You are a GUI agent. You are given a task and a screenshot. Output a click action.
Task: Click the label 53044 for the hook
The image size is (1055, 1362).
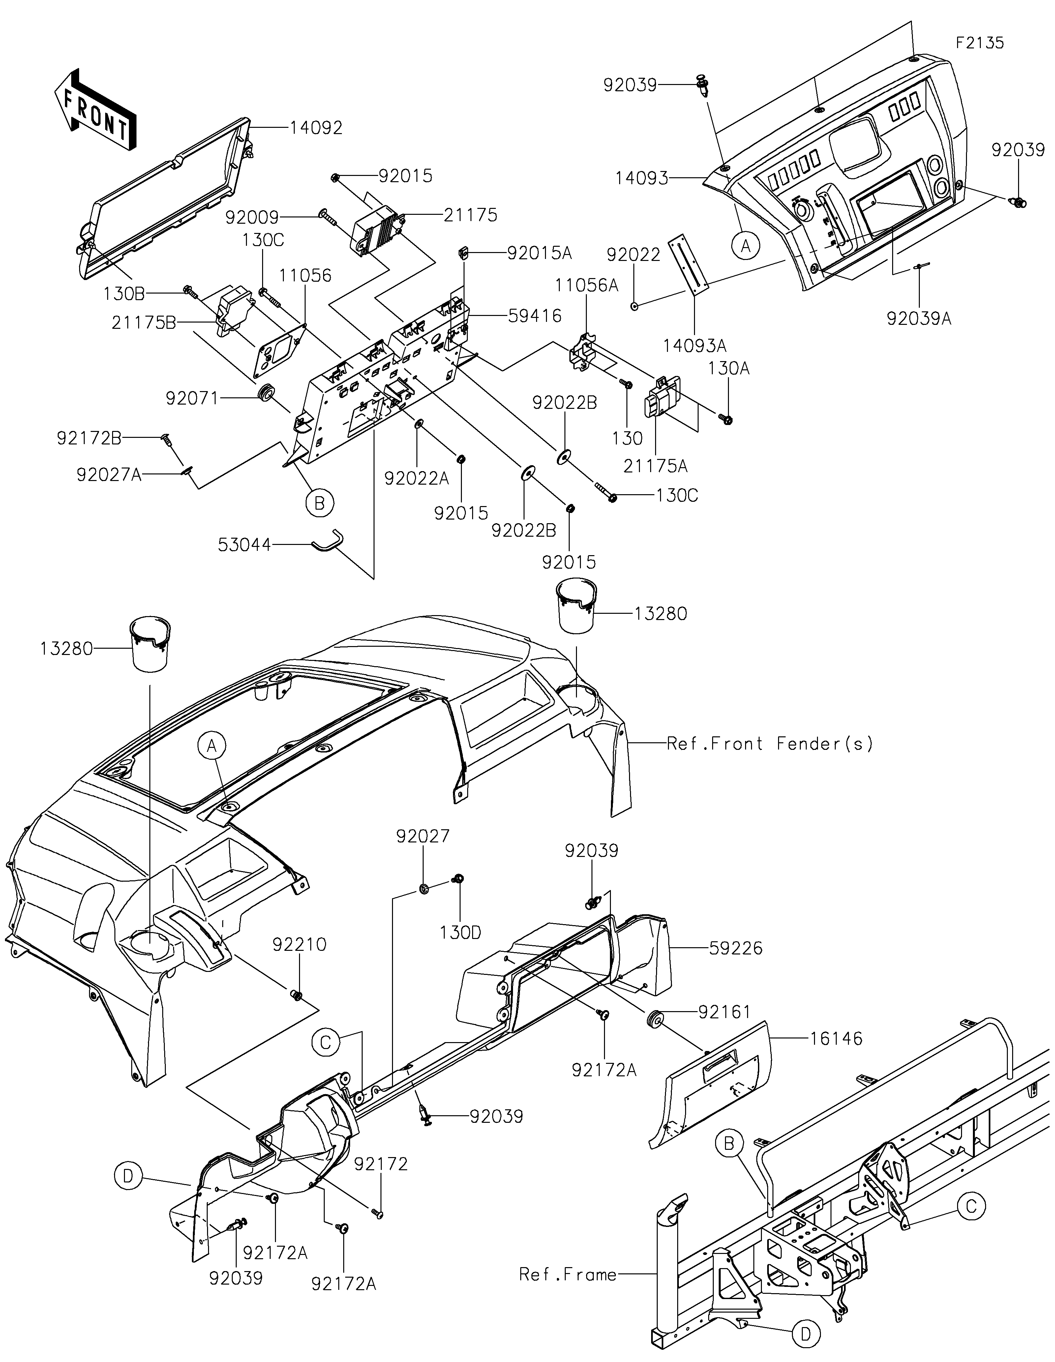245,545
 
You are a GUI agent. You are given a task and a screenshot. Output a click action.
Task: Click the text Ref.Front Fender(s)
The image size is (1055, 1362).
770,743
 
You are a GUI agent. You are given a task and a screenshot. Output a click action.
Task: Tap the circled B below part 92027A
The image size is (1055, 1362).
319,503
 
